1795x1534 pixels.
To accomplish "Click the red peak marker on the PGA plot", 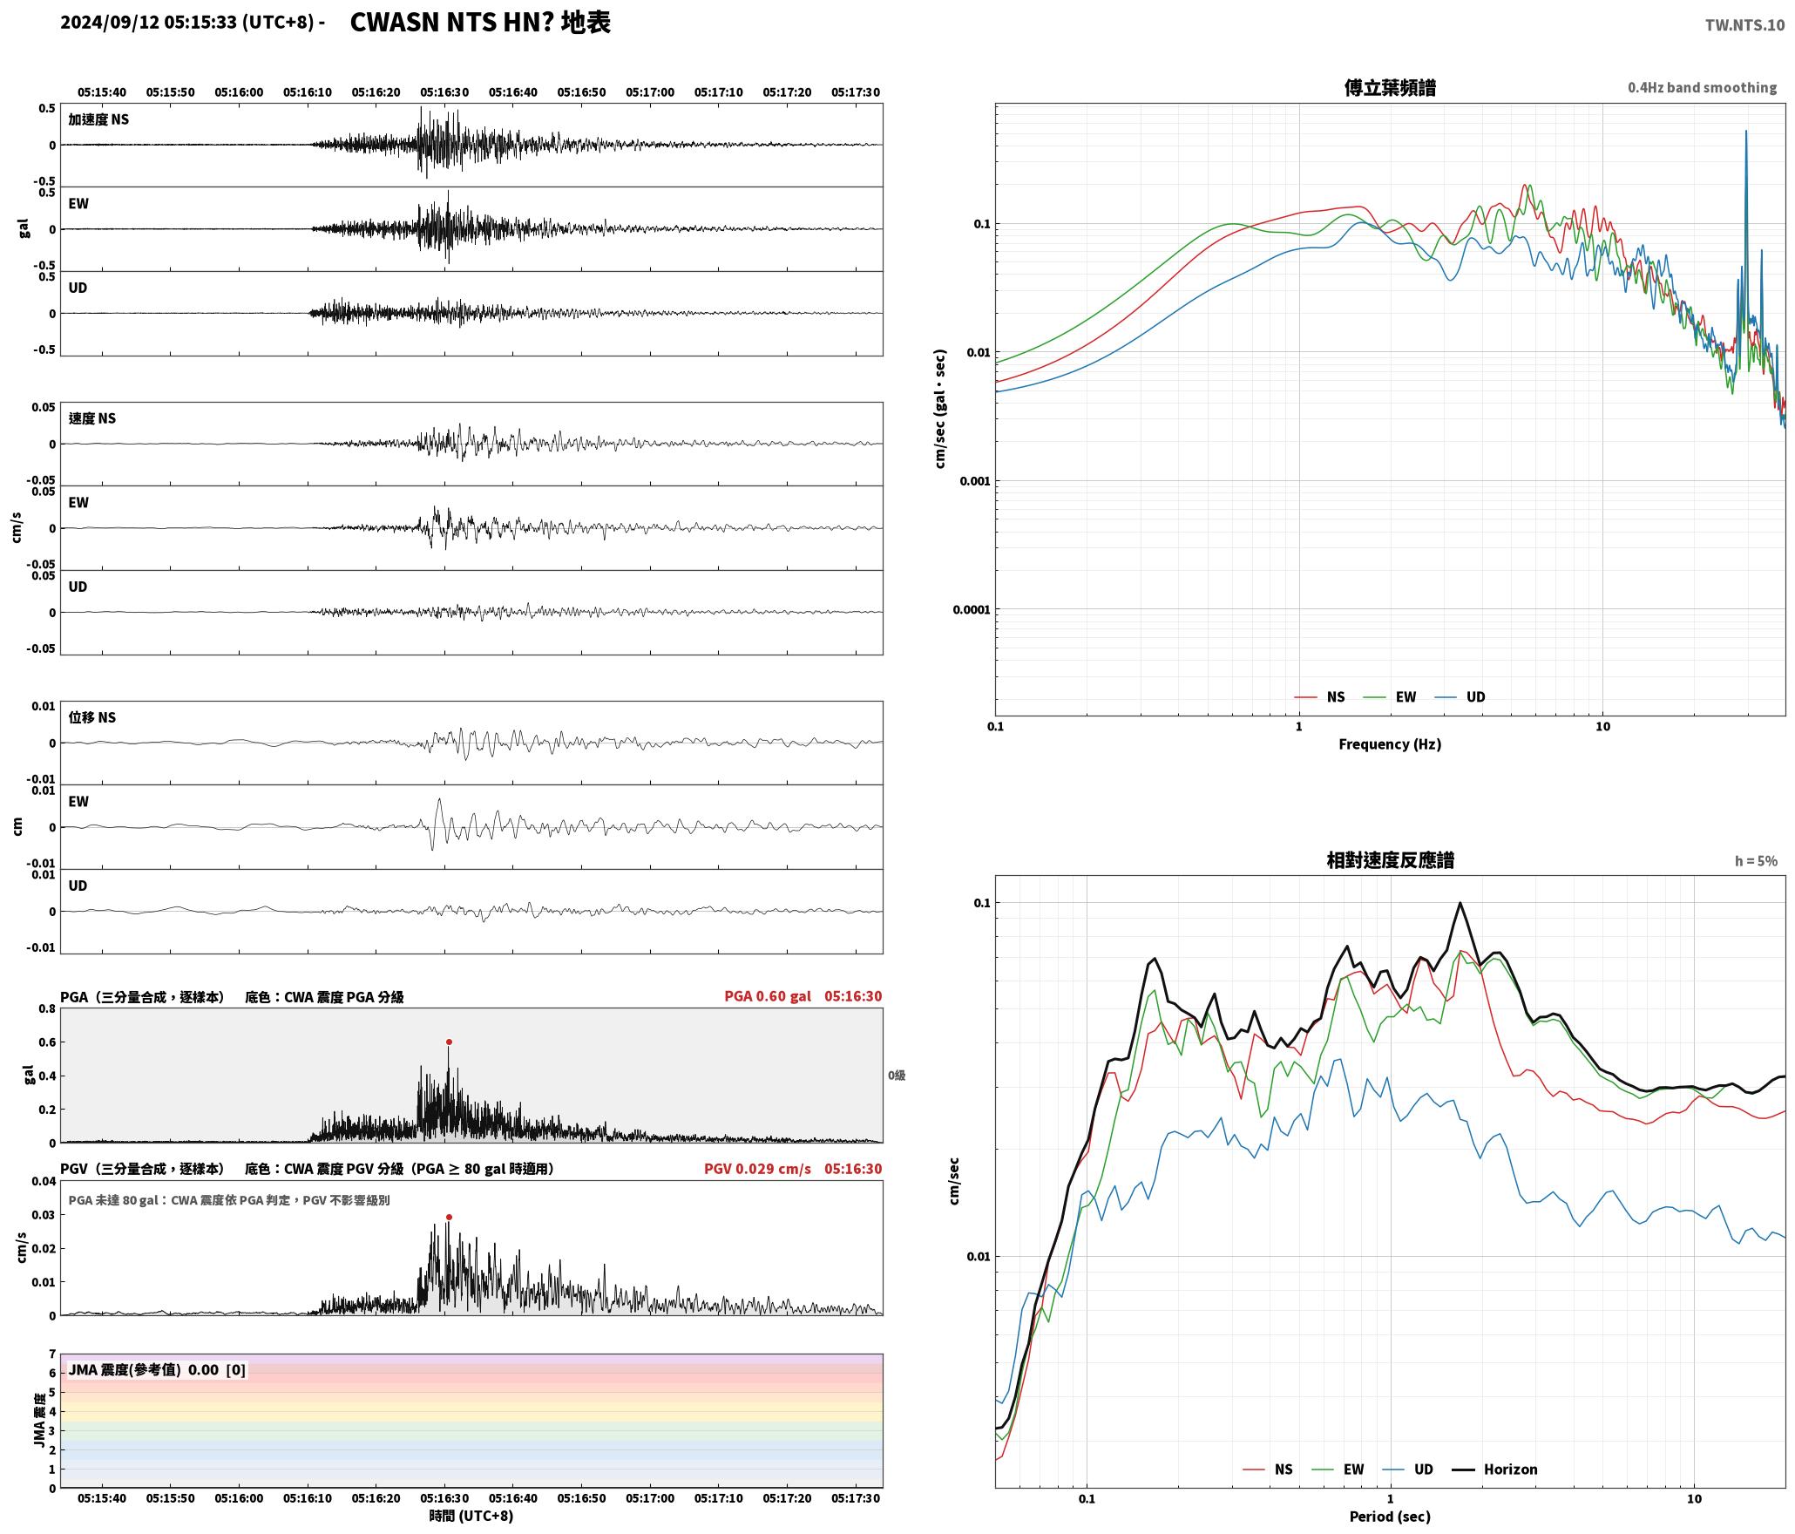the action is point(449,1042).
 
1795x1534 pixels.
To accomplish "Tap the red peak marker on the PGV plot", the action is point(449,1217).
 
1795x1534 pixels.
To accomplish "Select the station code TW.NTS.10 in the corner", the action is point(1744,25).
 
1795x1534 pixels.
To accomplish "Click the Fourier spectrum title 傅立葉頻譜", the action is point(1390,88).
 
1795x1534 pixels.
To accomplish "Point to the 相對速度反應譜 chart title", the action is point(1390,860).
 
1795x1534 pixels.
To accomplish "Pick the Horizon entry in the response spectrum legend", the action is point(1494,1469).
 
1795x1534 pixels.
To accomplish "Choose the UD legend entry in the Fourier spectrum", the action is point(1460,696).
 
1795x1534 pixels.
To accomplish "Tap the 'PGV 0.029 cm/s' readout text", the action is point(757,1168).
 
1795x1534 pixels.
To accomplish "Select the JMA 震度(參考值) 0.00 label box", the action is point(157,1369).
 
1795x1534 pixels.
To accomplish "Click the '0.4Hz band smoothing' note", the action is point(1702,87).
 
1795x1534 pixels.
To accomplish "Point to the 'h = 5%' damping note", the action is point(1756,860).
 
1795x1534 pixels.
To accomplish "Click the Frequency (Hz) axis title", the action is point(1390,743).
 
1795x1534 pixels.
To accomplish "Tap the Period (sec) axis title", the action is point(1390,1516).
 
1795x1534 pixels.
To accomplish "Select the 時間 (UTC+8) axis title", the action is point(471,1516).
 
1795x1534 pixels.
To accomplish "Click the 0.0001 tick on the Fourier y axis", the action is point(971,609).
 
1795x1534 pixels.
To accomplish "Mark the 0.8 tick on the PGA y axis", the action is point(47,1008).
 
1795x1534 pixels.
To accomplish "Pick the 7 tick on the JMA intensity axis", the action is point(52,1354).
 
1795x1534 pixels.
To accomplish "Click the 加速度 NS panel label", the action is point(98,119).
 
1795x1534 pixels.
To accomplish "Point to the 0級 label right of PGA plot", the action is point(897,1076).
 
